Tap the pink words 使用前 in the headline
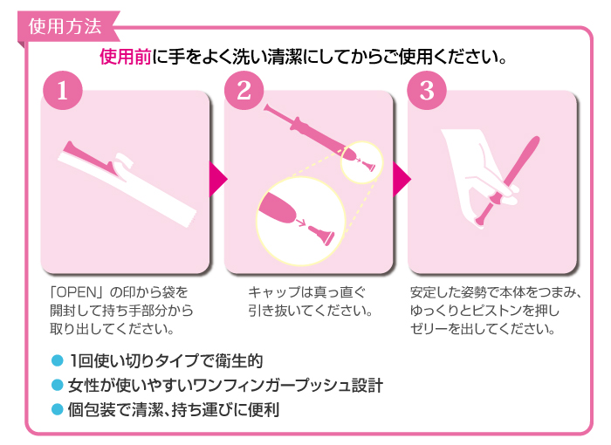[126, 57]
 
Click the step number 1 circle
[63, 91]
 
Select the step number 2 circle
[244, 91]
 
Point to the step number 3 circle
[427, 91]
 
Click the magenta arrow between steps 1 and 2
[217, 179]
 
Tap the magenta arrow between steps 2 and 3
[401, 179]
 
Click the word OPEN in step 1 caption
[77, 292]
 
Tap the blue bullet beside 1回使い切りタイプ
[58, 360]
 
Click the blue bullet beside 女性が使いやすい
[58, 385]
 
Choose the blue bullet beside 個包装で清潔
[58, 409]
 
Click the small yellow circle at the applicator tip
[362, 162]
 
